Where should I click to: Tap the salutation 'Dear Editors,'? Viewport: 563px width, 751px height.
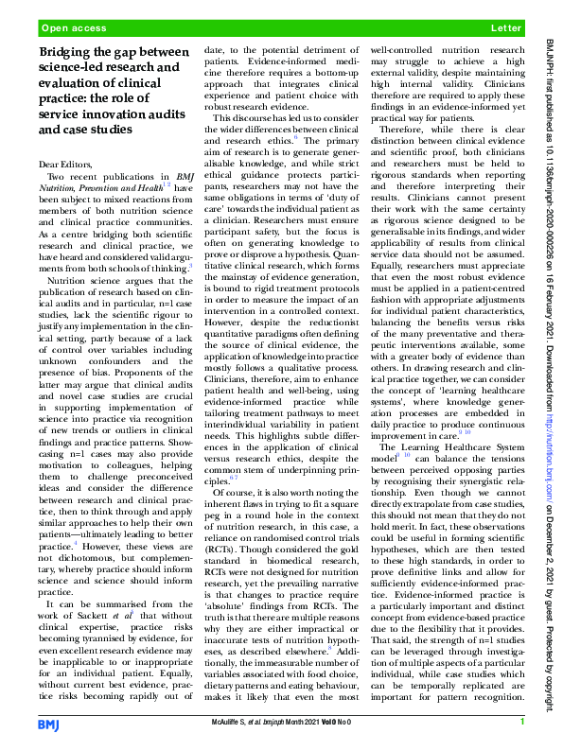71,166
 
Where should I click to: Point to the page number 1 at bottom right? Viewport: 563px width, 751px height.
522,724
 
